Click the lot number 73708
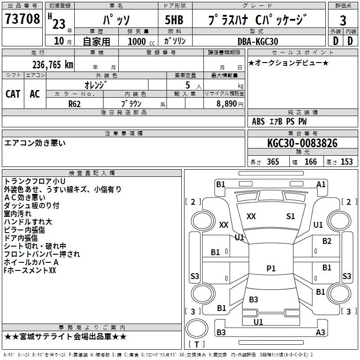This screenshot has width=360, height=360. click(x=22, y=18)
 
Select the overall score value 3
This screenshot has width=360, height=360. click(x=343, y=20)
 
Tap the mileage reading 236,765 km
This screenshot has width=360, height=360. click(x=53, y=65)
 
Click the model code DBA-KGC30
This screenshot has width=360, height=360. click(x=258, y=41)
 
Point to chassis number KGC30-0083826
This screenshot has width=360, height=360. click(x=302, y=143)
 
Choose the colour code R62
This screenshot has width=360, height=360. click(x=75, y=104)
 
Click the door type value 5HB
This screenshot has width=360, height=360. click(x=174, y=20)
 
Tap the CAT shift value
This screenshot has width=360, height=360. click(x=13, y=94)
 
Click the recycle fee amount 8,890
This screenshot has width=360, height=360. click(x=226, y=104)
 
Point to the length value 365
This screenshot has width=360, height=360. click(x=273, y=162)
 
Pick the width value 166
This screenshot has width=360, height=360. click(x=310, y=162)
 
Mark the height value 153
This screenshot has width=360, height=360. click(x=346, y=162)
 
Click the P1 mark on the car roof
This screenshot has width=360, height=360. click(x=271, y=268)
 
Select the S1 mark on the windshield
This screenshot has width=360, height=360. click(x=290, y=216)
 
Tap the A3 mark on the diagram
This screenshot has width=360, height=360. click(x=320, y=332)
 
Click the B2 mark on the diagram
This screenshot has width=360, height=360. click(x=327, y=241)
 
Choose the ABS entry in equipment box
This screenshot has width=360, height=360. click(x=258, y=121)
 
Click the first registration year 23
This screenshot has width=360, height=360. click(x=59, y=24)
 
